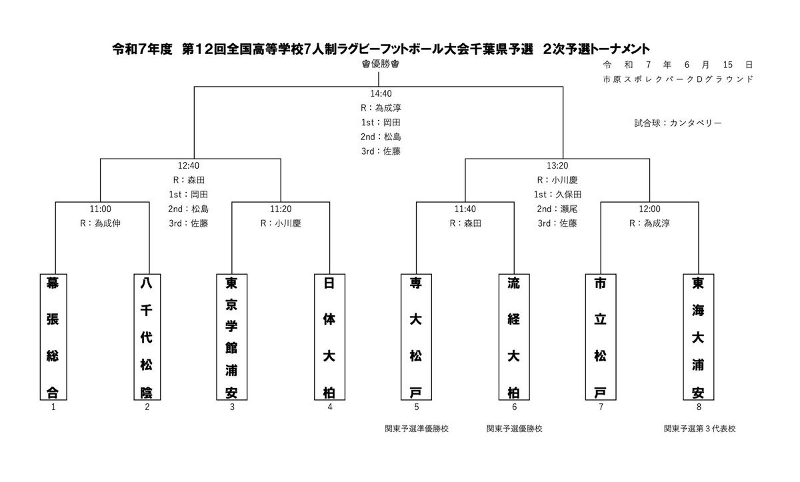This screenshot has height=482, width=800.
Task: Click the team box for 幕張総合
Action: coord(53,337)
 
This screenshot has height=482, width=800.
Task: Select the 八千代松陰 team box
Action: coord(147,337)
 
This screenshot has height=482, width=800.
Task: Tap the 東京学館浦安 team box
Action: coord(232,337)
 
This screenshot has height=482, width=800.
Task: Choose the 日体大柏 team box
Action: coord(329,337)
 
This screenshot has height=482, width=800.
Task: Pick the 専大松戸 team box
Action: coord(416,337)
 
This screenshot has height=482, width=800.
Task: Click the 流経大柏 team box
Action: coord(514,337)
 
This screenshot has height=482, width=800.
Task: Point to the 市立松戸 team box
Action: coord(601,337)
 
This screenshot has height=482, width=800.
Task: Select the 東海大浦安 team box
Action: coord(699,337)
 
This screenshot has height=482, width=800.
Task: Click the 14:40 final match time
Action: coord(381,93)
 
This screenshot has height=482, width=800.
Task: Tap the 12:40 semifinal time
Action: coord(189,165)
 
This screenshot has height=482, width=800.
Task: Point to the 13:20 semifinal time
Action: coord(557,165)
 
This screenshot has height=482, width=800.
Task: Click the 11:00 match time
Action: coord(101,209)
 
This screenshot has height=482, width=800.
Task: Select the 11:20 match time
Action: coord(281,209)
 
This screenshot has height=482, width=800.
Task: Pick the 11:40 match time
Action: coord(465,209)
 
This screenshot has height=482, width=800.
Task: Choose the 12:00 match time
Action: coord(649,209)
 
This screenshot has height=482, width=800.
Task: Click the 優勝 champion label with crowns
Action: coord(381,64)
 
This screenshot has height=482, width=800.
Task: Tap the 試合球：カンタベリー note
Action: coord(678,123)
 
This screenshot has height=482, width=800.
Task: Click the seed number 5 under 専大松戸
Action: coord(417,407)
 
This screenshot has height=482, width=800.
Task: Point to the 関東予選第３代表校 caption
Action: coord(699,429)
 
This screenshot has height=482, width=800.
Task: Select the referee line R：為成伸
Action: coord(101,223)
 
